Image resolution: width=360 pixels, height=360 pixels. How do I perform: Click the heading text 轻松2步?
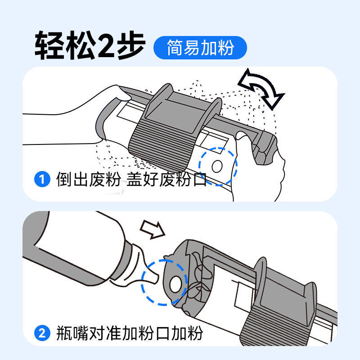tap(90, 45)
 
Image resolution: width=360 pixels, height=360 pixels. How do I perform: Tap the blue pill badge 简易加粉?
tap(200, 48)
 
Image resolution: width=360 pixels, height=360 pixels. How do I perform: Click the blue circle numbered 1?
tap(42, 179)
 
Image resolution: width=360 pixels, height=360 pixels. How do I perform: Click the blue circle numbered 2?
tap(42, 333)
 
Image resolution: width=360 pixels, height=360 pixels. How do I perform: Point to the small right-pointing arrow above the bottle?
tap(153, 229)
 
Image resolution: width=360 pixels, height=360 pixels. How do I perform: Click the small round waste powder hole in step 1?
tap(217, 166)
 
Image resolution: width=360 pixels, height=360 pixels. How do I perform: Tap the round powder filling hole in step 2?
tap(175, 284)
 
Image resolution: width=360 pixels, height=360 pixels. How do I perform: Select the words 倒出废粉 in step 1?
tap(89, 179)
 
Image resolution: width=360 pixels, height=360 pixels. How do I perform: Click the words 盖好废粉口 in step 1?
tap(166, 179)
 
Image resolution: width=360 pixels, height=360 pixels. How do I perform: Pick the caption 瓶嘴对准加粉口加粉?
tap(130, 333)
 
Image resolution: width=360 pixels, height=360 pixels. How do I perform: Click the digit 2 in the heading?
tap(106, 45)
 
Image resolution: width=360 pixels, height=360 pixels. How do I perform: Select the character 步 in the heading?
tap(131, 45)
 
